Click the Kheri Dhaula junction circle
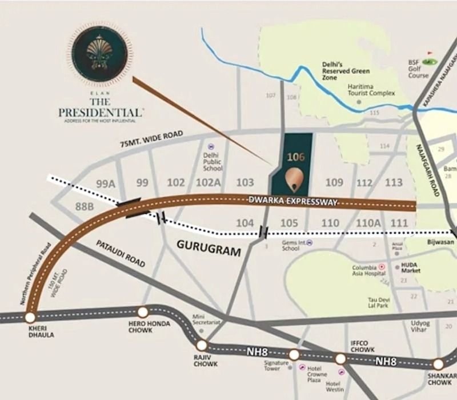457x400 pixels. click(x=30, y=317)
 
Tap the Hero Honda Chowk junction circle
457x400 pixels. click(x=142, y=313)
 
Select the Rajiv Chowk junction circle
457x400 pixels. click(x=202, y=346)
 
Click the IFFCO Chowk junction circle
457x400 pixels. click(x=340, y=359)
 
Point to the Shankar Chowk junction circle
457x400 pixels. click(x=438, y=364)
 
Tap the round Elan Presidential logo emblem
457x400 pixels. click(x=100, y=54)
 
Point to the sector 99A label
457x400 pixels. click(x=106, y=183)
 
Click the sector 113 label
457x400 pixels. click(x=394, y=183)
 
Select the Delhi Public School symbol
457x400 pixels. click(x=211, y=147)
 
